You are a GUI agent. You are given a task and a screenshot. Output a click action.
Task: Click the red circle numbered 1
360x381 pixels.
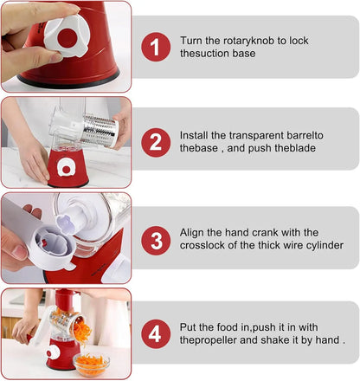pyautogui.click(x=156, y=47)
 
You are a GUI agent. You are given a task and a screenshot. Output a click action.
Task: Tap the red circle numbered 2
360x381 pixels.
pyautogui.click(x=156, y=142)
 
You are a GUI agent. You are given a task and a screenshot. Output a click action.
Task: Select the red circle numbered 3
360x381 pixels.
pyautogui.click(x=156, y=241)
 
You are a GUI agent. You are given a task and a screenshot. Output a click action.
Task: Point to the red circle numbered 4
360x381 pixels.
pyautogui.click(x=156, y=334)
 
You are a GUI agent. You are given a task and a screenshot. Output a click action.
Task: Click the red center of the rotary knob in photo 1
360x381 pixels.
pyautogui.click(x=67, y=38)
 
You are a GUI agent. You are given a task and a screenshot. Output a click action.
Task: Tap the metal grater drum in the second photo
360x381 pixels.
pyautogui.click(x=101, y=130)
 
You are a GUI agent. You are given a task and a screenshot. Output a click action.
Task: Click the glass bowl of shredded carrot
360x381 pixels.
pyautogui.click(x=92, y=365)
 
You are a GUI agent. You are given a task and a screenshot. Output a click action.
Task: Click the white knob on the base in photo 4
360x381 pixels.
pyautogui.click(x=53, y=352)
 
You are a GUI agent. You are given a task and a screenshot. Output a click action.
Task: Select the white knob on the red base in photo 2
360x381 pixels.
pyautogui.click(x=66, y=168)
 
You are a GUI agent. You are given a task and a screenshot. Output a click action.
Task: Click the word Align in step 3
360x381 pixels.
pyautogui.click(x=192, y=233)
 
